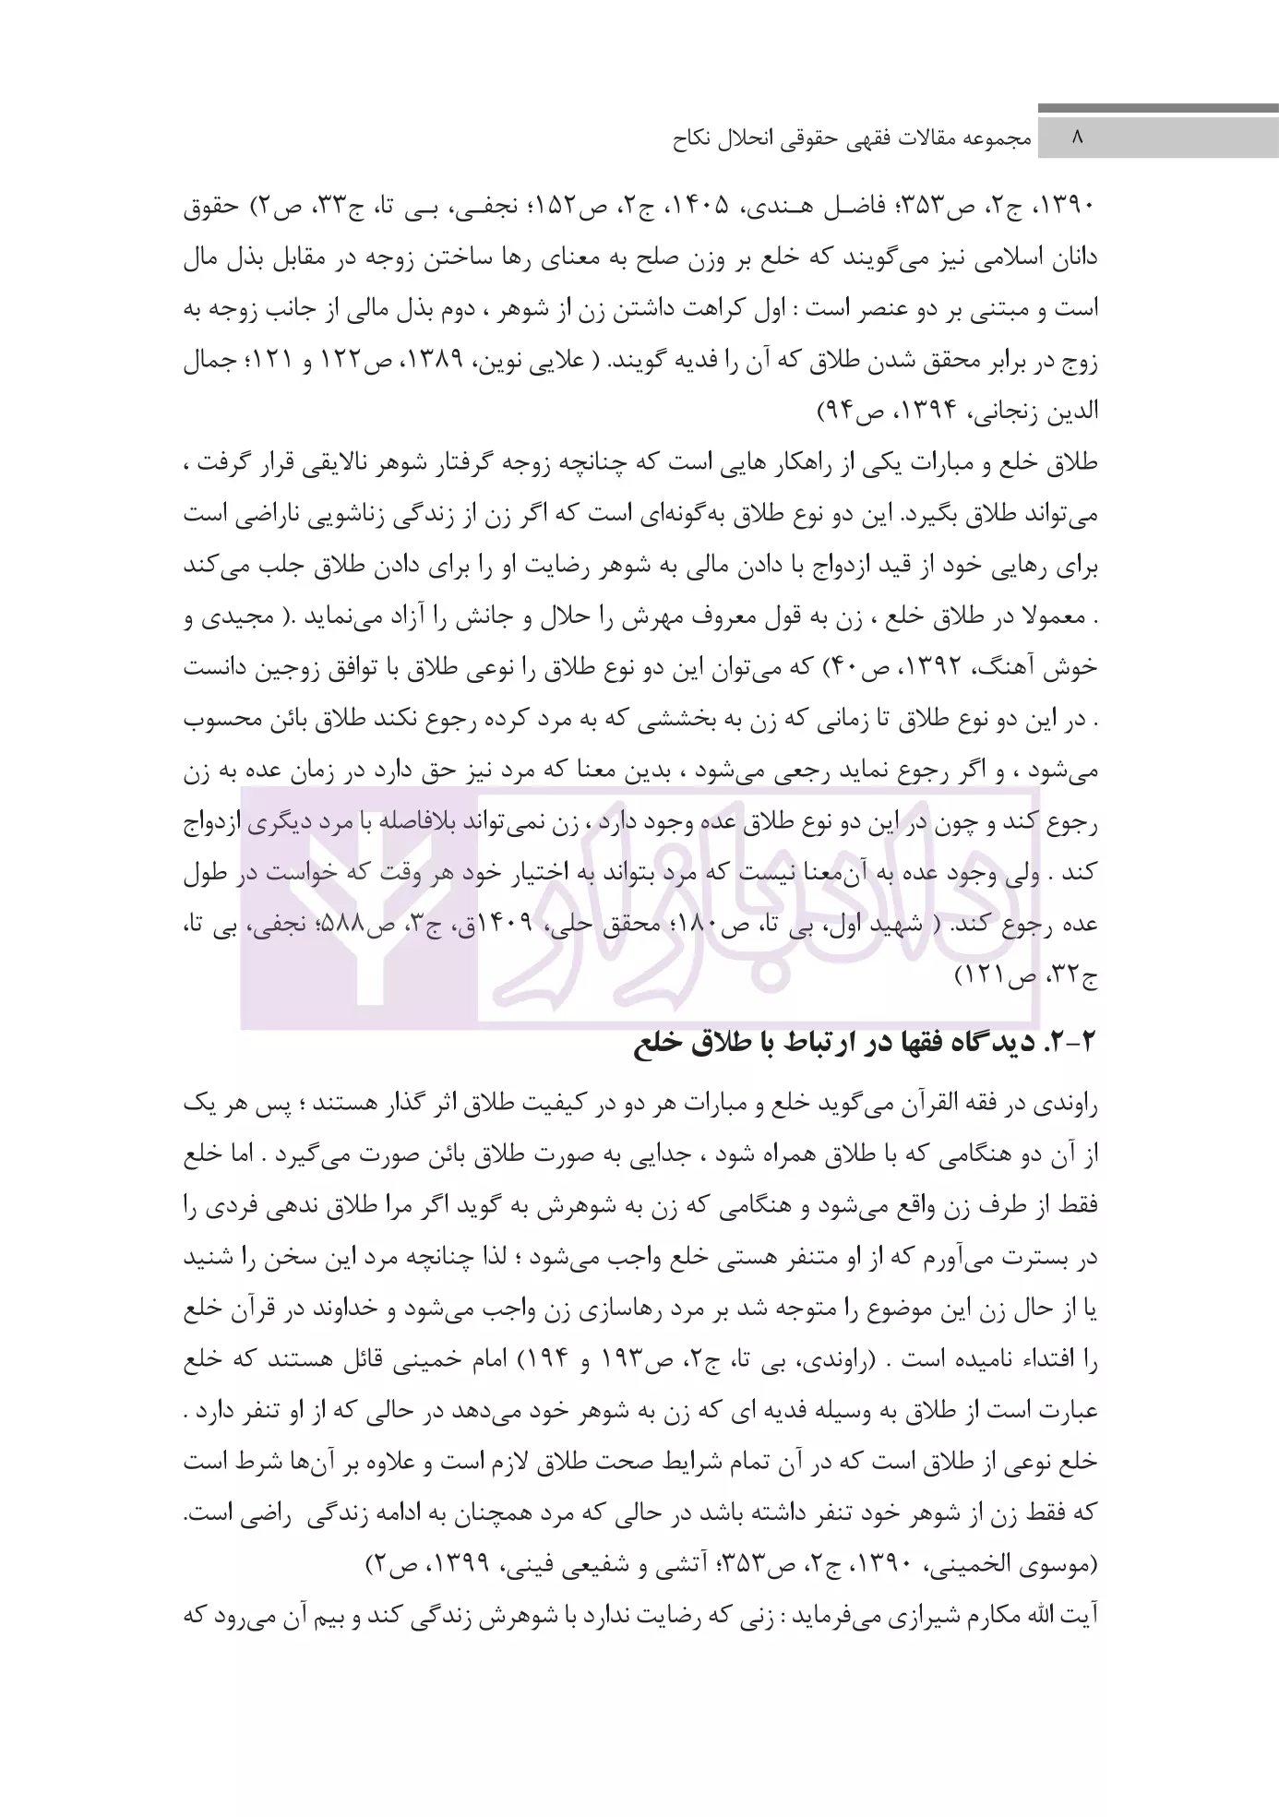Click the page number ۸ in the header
[1076, 138]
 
